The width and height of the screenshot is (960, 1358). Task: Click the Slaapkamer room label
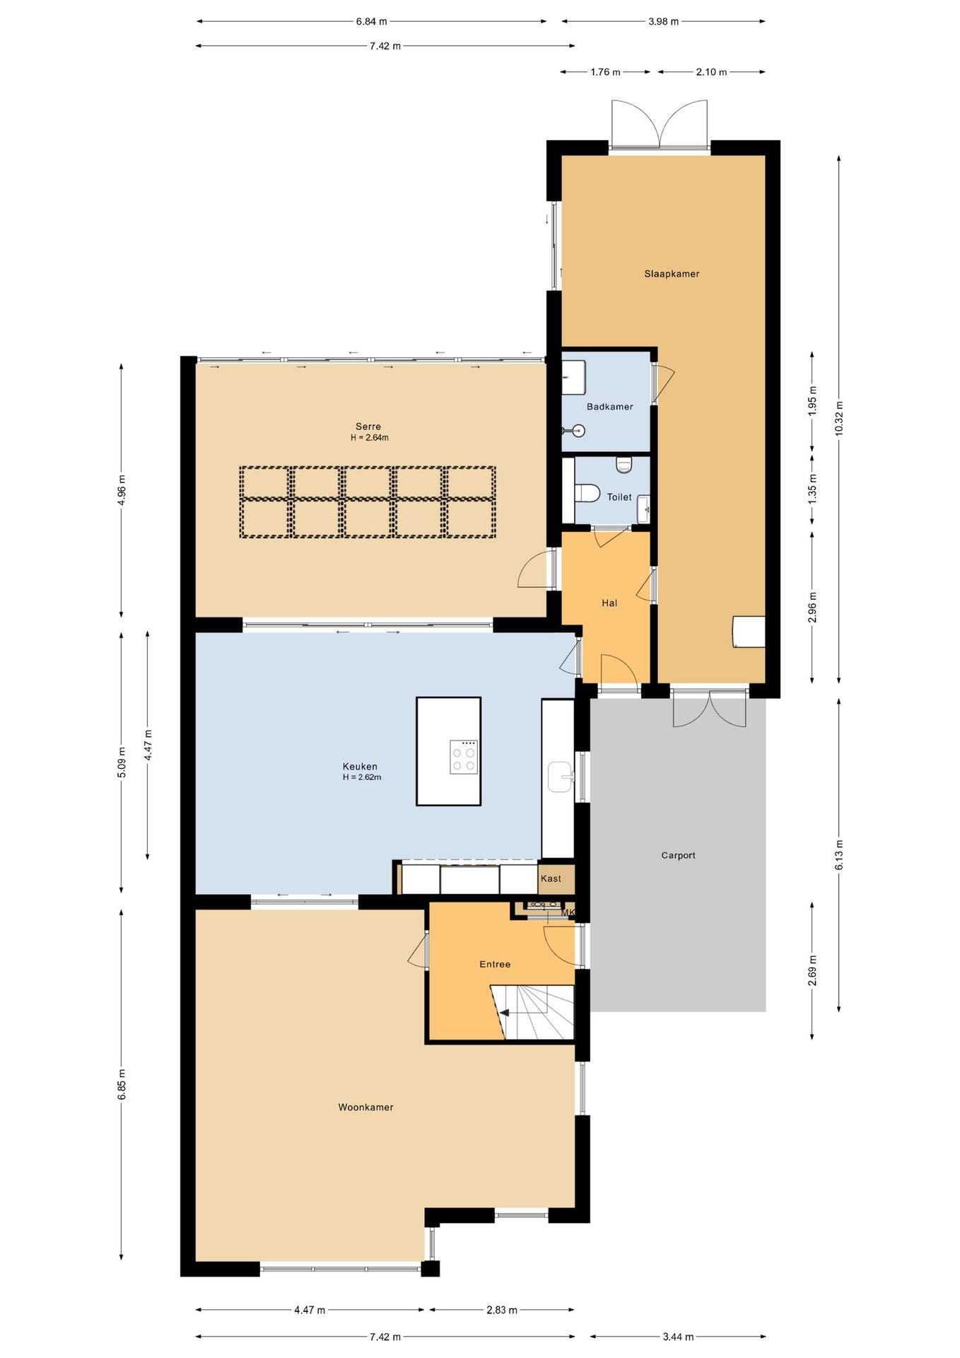tap(672, 274)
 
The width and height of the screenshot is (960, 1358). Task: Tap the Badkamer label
tap(609, 407)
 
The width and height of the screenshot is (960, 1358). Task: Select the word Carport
tap(678, 855)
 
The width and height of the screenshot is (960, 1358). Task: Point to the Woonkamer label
tap(365, 1107)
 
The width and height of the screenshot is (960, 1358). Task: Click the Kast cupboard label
tap(551, 878)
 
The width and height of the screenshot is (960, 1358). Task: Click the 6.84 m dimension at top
tap(371, 21)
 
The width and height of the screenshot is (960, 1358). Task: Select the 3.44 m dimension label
tap(678, 1336)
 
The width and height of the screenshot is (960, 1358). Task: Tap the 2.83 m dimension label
tap(501, 1309)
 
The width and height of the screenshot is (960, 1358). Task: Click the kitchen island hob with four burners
tap(464, 757)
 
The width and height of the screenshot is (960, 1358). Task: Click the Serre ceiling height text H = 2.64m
tap(369, 438)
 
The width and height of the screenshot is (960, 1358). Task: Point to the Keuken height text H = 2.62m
tap(361, 777)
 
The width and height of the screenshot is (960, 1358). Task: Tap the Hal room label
tap(609, 603)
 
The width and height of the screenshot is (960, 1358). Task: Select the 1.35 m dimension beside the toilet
tap(812, 488)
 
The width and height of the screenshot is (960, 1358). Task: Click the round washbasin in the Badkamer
tap(580, 429)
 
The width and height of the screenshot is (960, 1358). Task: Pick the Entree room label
tap(495, 964)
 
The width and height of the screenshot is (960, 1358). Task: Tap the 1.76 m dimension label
tap(605, 71)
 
